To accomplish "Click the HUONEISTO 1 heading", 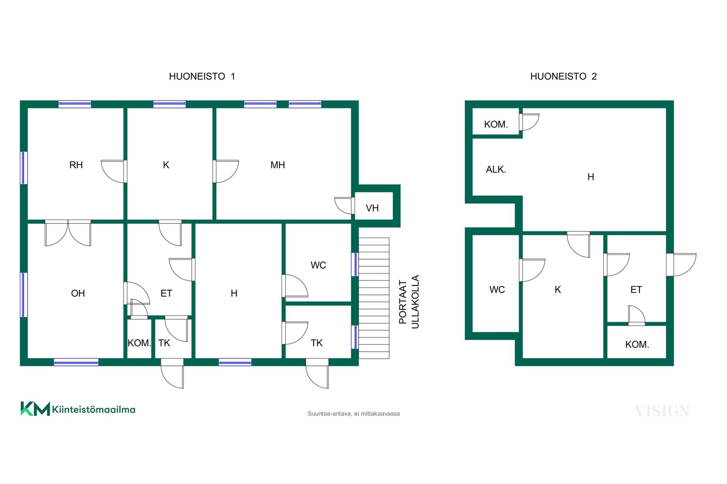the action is point(202,76).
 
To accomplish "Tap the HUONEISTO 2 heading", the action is point(563,76).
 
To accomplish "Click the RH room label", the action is point(76,165).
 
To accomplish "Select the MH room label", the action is point(278,165).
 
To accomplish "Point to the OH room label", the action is point(78,293).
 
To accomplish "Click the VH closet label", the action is point(372,208).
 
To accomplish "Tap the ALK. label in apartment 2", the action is point(496,169).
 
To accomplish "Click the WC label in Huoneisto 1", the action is point(318,265).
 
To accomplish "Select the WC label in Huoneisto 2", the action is point(497,290).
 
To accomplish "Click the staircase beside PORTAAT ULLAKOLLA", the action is point(374,298).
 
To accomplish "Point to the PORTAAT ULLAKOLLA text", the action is point(409,302).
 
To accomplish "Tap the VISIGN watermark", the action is point(662,411).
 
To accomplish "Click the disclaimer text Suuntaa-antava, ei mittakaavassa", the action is point(354,414).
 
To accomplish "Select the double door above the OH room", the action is point(68,233).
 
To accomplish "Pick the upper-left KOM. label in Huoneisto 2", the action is point(496,124).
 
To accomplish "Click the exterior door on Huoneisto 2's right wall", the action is point(681,265).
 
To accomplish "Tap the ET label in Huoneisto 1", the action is point(166,293).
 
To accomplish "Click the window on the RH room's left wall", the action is point(24,168).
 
